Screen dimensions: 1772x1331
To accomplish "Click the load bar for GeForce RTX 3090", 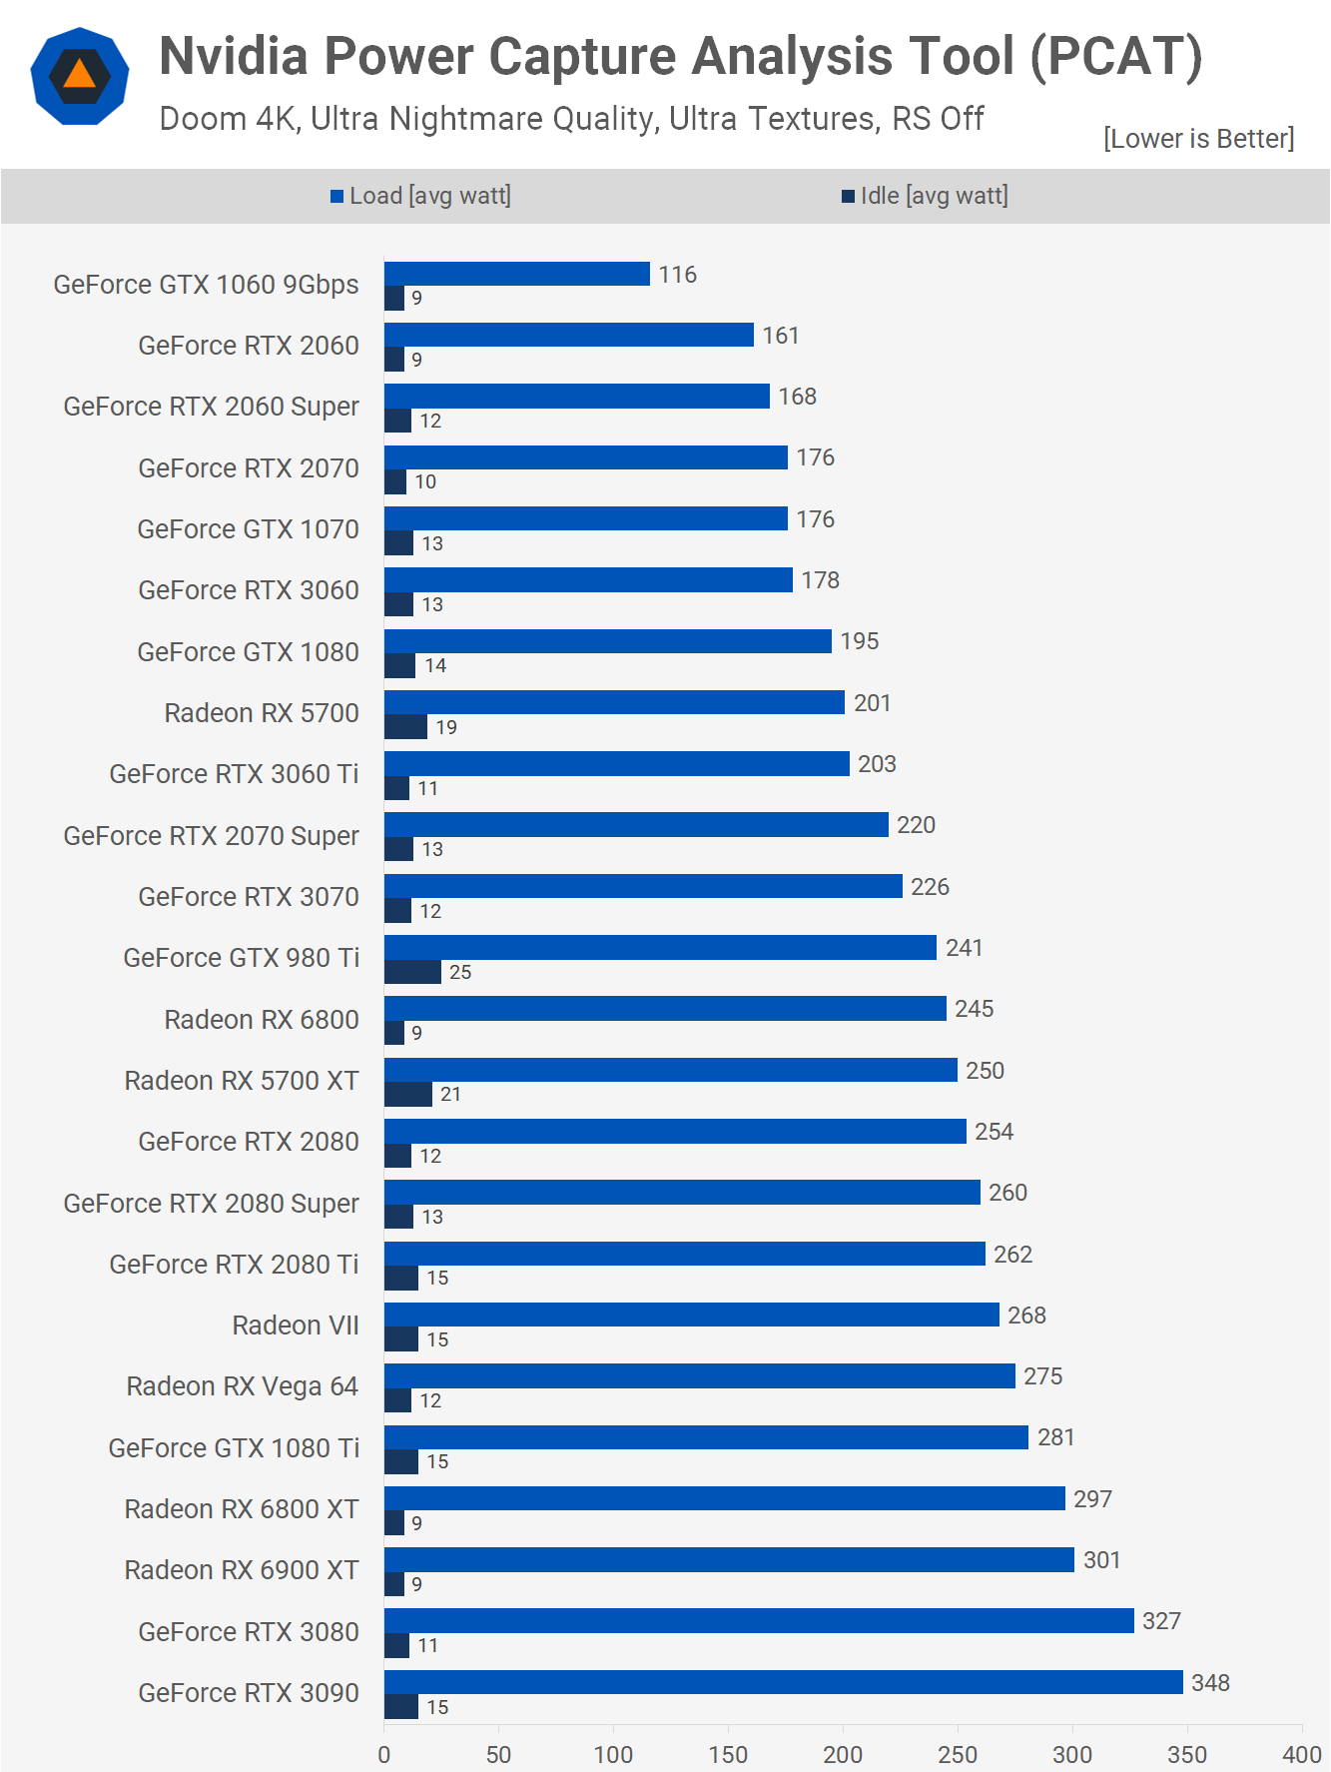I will (783, 1682).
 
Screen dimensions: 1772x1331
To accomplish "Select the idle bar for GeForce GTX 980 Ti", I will (412, 972).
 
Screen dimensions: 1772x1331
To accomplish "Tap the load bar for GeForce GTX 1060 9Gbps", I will (516, 274).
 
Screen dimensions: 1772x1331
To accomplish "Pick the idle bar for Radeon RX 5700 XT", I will (407, 1095).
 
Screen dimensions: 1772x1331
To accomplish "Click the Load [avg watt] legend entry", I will (420, 196).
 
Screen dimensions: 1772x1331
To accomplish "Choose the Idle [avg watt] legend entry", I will (925, 196).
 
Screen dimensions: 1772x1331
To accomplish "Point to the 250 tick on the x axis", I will (958, 1754).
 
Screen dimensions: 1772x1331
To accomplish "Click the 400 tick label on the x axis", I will (1302, 1754).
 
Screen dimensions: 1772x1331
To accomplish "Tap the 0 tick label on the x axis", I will (384, 1754).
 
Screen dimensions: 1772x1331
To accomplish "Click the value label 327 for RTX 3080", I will (1161, 1621).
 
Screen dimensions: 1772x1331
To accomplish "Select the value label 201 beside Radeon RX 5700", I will (872, 703).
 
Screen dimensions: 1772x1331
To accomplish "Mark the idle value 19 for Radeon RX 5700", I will (446, 727).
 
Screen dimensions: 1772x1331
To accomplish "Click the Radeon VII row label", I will (295, 1326).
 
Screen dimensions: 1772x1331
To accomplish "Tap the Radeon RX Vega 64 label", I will (242, 1386).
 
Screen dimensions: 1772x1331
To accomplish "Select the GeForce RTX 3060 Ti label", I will (234, 774).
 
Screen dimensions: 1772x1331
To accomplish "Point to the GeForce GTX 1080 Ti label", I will (234, 1447).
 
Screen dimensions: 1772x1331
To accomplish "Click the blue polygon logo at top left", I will (80, 76).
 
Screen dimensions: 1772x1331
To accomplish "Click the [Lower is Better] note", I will (1198, 138).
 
